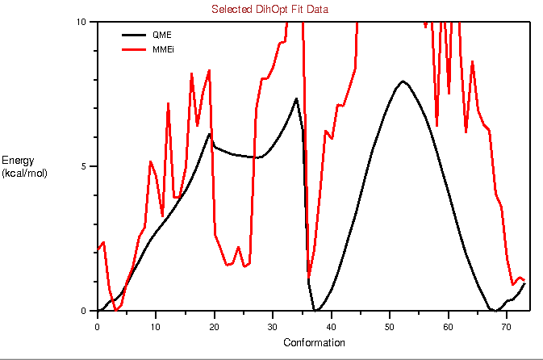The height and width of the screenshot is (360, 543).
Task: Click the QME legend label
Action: click(161, 36)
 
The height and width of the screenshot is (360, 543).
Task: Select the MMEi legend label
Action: click(163, 50)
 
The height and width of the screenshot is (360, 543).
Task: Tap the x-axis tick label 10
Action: click(156, 326)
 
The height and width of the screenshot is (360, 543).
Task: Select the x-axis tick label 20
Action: click(214, 326)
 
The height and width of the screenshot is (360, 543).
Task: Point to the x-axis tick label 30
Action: click(273, 326)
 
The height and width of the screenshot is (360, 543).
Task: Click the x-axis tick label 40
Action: click(332, 326)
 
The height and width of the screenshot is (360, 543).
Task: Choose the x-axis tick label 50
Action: click(390, 326)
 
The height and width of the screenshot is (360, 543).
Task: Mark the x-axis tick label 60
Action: click(449, 326)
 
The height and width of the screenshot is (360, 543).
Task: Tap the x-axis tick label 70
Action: click(507, 326)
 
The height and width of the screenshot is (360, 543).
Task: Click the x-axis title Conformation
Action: click(314, 343)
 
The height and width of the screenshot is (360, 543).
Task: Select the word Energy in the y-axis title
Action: click(18, 161)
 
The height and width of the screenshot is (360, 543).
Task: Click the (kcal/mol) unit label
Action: click(24, 173)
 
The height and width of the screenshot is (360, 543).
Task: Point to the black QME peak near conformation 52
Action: click(402, 82)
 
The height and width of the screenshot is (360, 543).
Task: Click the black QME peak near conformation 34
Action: click(296, 99)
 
